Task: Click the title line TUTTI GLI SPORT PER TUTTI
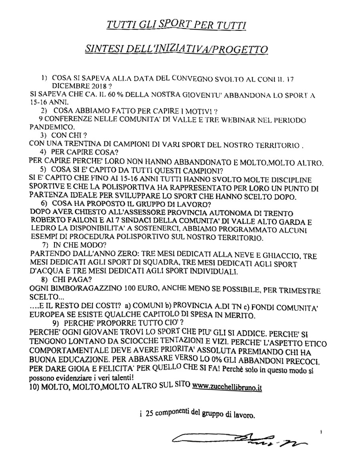tap(176, 25)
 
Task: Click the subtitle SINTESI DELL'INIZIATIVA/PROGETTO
tap(176, 50)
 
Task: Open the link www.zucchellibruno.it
tap(227, 388)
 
